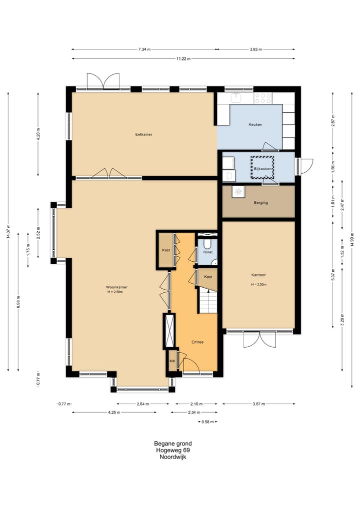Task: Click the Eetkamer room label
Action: click(x=143, y=134)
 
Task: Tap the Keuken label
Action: click(x=255, y=124)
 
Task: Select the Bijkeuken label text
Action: click(x=262, y=169)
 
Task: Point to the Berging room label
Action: click(x=261, y=203)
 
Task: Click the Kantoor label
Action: click(x=258, y=275)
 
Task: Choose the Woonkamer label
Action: click(x=117, y=287)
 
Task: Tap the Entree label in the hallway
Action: click(x=197, y=342)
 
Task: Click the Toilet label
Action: click(x=207, y=252)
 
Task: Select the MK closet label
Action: click(x=172, y=361)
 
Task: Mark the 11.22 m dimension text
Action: click(x=183, y=58)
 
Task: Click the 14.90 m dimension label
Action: click(x=352, y=239)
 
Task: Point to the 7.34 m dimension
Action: click(x=144, y=49)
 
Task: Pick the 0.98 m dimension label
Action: click(x=207, y=422)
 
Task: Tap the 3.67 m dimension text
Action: click(x=258, y=404)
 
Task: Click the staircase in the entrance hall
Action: click(x=208, y=301)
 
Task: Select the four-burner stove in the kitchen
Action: click(x=263, y=98)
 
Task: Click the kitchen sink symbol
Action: click(x=236, y=97)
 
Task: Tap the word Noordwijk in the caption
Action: click(x=173, y=457)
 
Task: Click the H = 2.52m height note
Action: click(x=258, y=284)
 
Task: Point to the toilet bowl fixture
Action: click(x=207, y=243)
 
